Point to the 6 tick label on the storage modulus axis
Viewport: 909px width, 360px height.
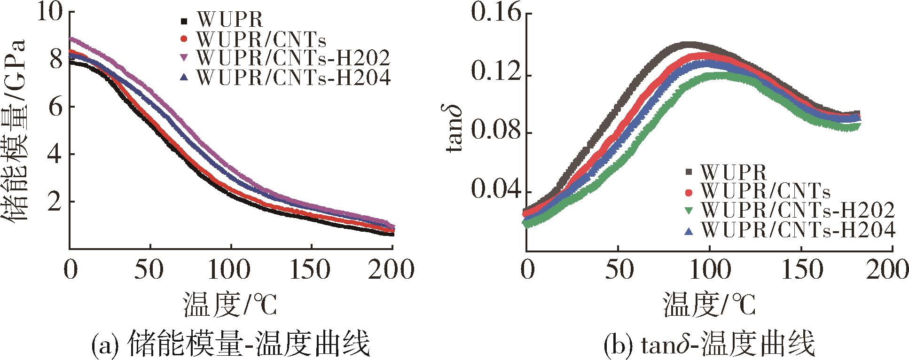[x=56, y=106]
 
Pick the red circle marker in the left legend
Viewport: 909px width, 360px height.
[x=184, y=39]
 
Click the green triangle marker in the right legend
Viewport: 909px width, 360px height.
[x=689, y=210]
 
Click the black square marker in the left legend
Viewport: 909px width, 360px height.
[x=184, y=20]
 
